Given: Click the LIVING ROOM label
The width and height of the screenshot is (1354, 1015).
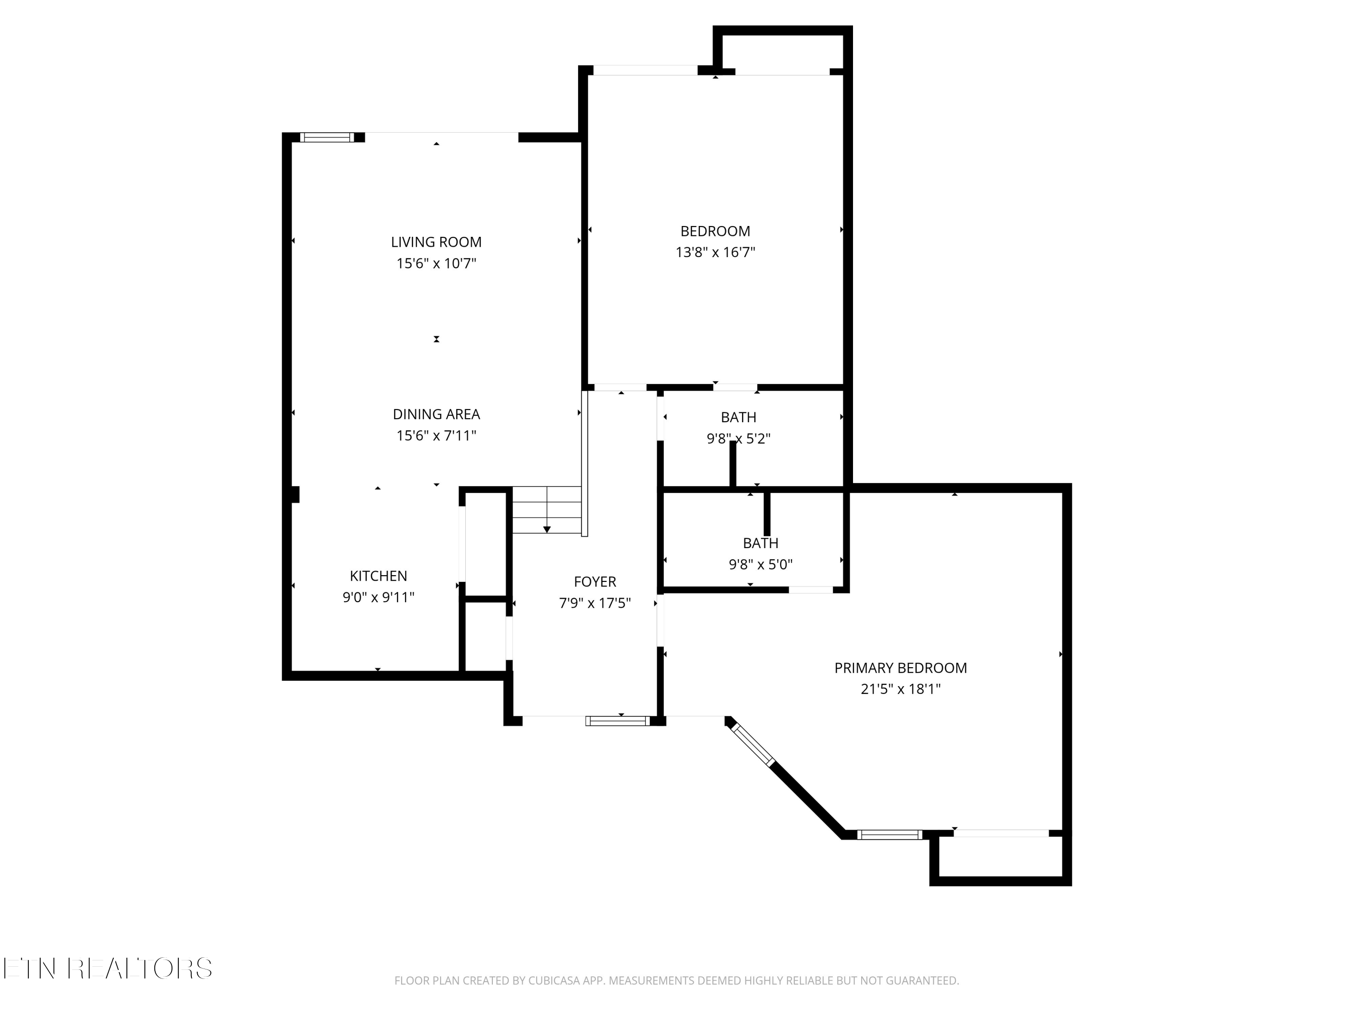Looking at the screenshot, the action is pyautogui.click(x=436, y=242).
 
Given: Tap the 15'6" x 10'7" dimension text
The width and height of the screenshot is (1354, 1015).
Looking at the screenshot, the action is pyautogui.click(x=436, y=264).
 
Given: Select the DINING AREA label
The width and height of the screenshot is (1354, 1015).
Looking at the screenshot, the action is pyautogui.click(x=436, y=415).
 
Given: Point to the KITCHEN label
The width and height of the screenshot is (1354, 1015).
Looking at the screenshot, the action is pyautogui.click(x=378, y=577).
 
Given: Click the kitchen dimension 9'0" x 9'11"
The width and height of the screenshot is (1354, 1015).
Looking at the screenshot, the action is pyautogui.click(x=378, y=598).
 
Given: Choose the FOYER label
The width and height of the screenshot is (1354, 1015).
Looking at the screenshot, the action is pyautogui.click(x=595, y=582).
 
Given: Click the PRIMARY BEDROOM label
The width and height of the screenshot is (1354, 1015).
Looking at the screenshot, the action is pyautogui.click(x=900, y=668).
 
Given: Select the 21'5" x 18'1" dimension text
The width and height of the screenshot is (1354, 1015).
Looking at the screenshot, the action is pyautogui.click(x=900, y=689).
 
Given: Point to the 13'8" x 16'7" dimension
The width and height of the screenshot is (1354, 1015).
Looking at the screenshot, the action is pyautogui.click(x=715, y=253).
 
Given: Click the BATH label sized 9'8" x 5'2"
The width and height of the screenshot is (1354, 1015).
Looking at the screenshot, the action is pyautogui.click(x=739, y=418).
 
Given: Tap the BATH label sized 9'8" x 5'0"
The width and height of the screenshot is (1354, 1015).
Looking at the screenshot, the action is pyautogui.click(x=761, y=543).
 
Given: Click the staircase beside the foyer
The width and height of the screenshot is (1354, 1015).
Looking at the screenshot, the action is pyautogui.click(x=547, y=510).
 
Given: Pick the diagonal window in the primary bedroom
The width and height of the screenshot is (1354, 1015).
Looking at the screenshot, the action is pyautogui.click(x=753, y=745).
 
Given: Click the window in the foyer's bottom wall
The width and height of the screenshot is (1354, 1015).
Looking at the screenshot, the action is pyautogui.click(x=617, y=721).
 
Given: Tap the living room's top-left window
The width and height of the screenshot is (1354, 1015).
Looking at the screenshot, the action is pyautogui.click(x=328, y=138).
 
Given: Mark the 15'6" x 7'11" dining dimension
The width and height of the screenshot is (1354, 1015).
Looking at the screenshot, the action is pyautogui.click(x=436, y=436).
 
